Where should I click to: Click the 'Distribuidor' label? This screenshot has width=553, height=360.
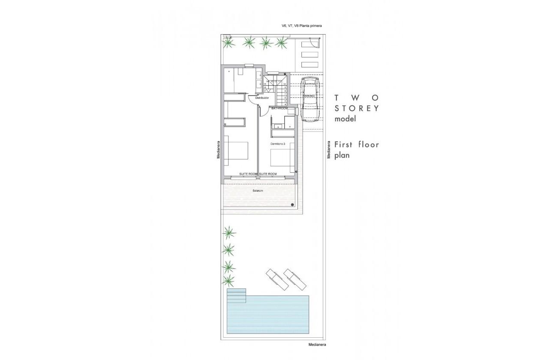pos(262,98)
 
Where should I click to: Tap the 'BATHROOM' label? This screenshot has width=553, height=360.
pos(280,109)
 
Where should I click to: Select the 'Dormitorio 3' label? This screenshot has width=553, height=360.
pos(278,144)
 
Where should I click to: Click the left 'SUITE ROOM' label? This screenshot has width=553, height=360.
pos(249,174)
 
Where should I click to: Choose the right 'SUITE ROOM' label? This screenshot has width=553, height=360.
pos(268,174)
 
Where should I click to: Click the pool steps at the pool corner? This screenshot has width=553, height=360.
pos(236,295)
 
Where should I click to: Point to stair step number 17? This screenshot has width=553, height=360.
pos(265,91)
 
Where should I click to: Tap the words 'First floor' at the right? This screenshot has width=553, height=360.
pos(357,144)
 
